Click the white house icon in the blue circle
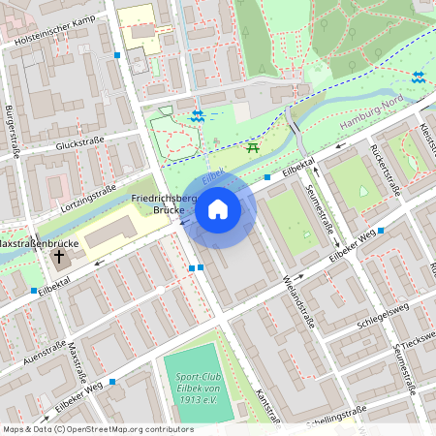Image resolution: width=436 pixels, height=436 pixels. (218, 208)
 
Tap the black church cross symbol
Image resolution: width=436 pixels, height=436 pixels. (60, 257)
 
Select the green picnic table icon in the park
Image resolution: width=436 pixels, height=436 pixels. (253, 146)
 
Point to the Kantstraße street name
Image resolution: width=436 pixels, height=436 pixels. (265, 407)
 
